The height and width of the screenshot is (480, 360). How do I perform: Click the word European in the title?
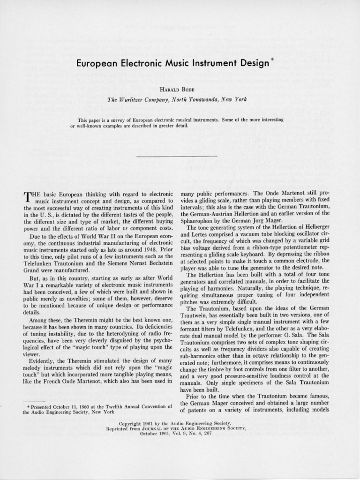coord(99,64)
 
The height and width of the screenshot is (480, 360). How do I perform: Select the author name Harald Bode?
coord(180,89)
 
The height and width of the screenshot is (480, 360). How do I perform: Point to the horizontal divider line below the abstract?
coord(177,156)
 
